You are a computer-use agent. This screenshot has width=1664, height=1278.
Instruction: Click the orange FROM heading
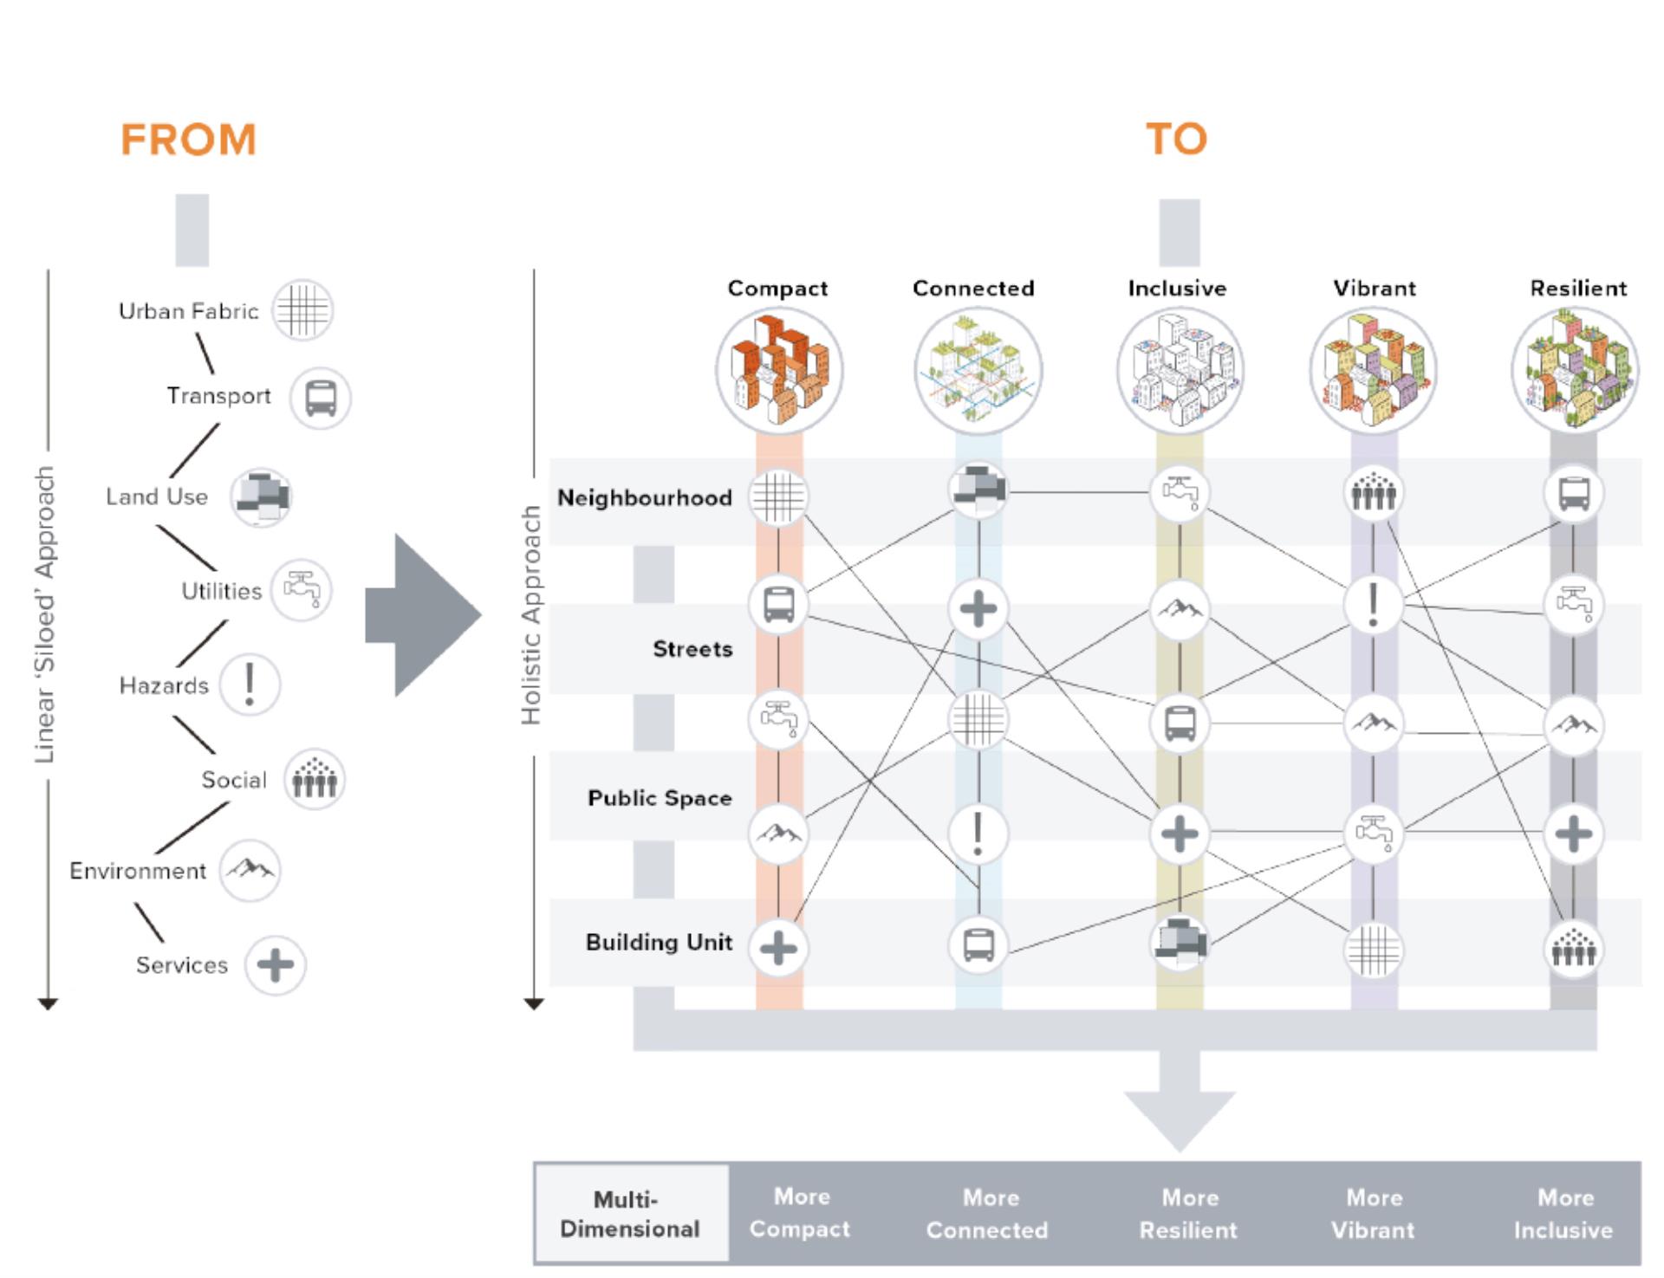pos(188,139)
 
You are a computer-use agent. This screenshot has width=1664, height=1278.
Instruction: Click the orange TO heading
pos(1176,139)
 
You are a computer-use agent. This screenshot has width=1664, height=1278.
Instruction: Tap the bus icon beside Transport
pos(320,399)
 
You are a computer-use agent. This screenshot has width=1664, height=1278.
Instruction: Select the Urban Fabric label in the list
pos(188,311)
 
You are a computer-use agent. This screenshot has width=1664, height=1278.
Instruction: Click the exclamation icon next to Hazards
pos(250,684)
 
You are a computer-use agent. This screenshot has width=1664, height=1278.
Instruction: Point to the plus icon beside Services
pos(276,964)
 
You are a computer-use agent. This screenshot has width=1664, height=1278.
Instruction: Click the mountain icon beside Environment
pos(250,869)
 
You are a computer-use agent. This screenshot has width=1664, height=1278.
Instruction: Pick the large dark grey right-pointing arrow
pos(423,615)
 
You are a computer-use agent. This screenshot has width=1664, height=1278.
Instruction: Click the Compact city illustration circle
pos(779,371)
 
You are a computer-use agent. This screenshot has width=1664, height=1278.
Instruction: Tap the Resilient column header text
pos(1577,289)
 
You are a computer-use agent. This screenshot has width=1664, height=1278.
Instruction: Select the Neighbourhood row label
pos(644,498)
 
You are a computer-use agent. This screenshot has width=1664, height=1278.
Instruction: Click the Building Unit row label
pos(659,942)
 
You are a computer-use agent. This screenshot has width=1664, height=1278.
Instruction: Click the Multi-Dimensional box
pos(631,1213)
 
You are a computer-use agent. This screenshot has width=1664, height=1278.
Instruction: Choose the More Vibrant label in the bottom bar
pos(1373,1213)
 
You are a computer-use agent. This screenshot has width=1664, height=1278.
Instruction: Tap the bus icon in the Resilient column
pos(1573,494)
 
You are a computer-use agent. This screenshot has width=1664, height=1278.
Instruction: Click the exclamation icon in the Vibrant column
pos(1373,604)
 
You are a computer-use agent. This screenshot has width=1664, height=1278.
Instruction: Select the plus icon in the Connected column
pos(978,608)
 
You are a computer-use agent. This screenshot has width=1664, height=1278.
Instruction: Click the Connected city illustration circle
pos(978,371)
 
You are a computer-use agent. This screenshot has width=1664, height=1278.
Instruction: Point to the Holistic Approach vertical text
pos(530,615)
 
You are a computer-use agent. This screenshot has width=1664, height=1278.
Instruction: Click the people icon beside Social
pos(315,779)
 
